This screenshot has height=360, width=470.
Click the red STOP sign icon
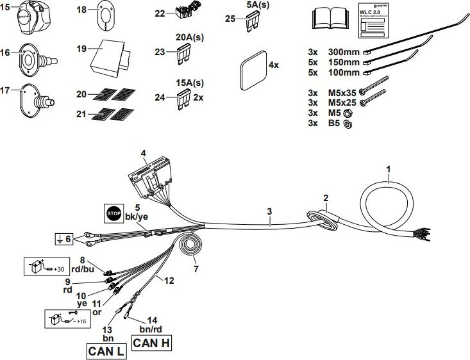pyautogui.click(x=113, y=212)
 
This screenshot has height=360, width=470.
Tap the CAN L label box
pyautogui.click(x=106, y=351)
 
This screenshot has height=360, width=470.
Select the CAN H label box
pyautogui.click(x=151, y=343)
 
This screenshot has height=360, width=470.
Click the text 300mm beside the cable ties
pyautogui.click(x=344, y=51)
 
